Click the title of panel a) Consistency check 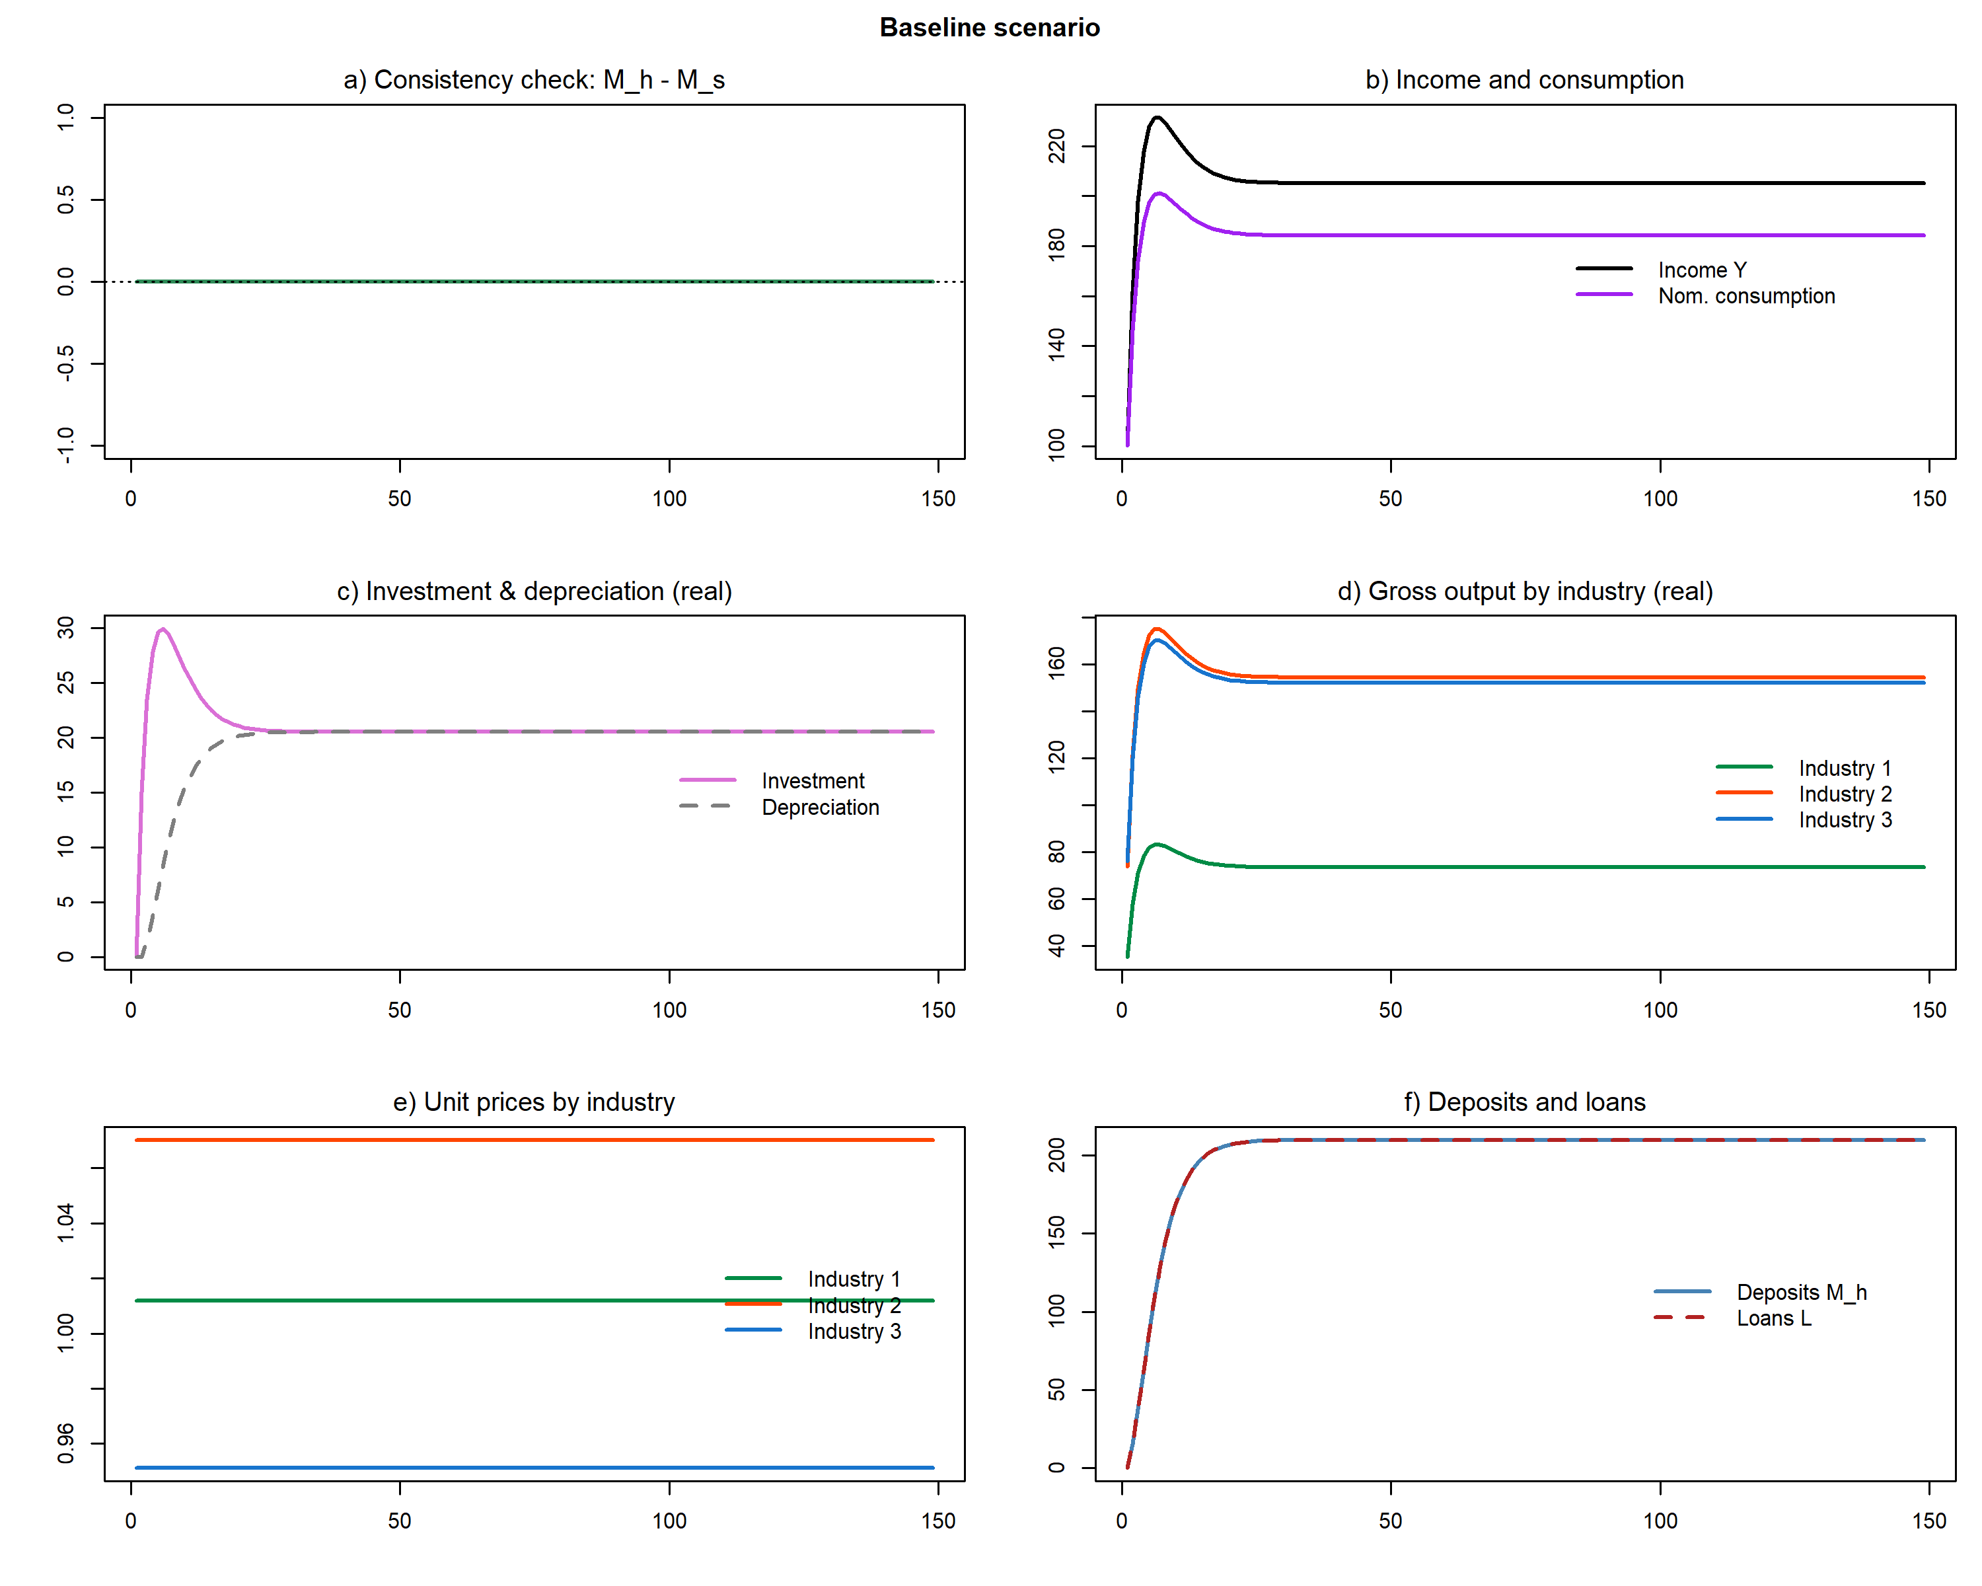tap(534, 80)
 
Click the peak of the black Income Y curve tap(1157, 118)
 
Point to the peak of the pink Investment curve tap(163, 630)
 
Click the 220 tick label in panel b tap(1057, 146)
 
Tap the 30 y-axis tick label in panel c tap(66, 628)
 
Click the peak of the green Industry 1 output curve tap(1156, 844)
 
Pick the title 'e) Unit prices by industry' tap(534, 1102)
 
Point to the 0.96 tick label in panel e tap(66, 1443)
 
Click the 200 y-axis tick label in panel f tap(1057, 1154)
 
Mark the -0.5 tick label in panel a tap(66, 363)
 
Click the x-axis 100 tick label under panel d tap(1660, 1010)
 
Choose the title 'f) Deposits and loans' tap(1524, 1102)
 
